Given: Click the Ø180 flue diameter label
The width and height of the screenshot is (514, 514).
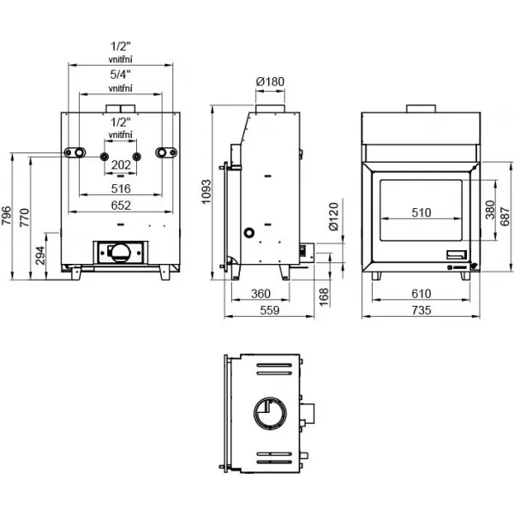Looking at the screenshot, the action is tap(270, 81).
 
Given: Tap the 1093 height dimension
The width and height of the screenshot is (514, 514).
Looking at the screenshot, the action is tap(206, 192).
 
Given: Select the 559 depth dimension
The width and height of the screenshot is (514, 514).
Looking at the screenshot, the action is tap(270, 310).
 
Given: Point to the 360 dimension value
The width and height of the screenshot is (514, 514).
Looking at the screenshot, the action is tap(260, 294).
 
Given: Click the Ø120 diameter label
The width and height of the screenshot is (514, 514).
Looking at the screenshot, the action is tap(333, 217).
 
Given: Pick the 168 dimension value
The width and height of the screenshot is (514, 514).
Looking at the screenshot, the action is tap(324, 297).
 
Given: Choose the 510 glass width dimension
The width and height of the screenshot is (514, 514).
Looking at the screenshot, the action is tap(421, 212).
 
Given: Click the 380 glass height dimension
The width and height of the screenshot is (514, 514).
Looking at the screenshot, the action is tap(490, 210).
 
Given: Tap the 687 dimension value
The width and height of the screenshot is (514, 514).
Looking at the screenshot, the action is tap(505, 217).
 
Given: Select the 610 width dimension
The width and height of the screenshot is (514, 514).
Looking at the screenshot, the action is tap(421, 294).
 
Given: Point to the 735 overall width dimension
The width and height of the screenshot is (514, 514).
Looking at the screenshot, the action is tap(421, 310).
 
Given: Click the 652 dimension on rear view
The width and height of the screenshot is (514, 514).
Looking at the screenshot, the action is tap(121, 206).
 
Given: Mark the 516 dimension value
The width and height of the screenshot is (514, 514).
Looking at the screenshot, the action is tap(121, 188).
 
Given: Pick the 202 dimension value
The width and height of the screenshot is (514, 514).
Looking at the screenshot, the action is tap(121, 164).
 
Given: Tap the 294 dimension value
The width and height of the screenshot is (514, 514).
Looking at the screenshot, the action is tap(40, 255).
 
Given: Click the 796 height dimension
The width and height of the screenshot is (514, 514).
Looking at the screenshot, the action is tap(6, 216).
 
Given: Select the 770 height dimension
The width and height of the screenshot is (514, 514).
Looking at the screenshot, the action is tap(25, 218).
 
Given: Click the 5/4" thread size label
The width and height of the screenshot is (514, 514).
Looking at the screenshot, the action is tap(121, 75).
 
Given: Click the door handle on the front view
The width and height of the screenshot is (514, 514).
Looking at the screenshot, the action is tap(457, 254).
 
